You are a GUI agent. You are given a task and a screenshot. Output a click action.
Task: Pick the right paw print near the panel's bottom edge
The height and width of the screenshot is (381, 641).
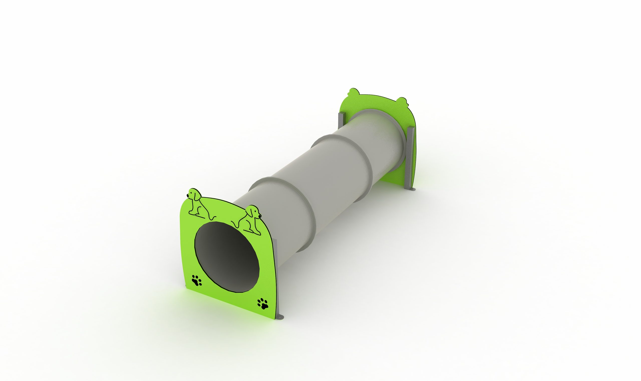coord(262,303)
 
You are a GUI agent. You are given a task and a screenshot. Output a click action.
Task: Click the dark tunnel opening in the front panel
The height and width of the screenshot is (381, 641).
coord(226,257)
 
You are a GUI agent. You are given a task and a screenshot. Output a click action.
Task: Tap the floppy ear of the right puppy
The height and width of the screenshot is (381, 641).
coord(250,213)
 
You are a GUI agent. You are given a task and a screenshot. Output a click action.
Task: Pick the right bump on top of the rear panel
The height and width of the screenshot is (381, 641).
coord(401,101)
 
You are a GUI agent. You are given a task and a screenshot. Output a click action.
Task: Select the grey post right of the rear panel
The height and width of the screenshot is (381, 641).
coord(410,159)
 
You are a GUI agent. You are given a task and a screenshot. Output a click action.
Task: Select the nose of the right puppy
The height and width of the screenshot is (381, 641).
coord(260,216)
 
